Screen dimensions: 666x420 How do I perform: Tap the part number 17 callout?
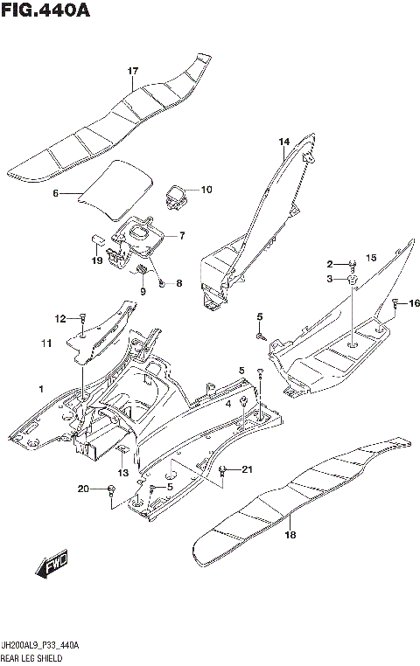(133, 71)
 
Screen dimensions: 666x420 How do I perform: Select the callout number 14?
(283, 142)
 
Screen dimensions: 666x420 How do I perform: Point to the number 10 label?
(206, 190)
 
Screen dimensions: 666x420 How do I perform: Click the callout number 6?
(54, 193)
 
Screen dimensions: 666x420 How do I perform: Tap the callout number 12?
(59, 318)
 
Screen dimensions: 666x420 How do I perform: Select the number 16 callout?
(414, 303)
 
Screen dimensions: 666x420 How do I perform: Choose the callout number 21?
(247, 470)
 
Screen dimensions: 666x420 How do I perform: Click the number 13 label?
(123, 473)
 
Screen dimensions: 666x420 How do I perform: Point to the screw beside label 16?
(395, 304)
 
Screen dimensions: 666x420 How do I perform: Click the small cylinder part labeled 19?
(99, 237)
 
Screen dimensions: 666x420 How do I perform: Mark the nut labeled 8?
(163, 283)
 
